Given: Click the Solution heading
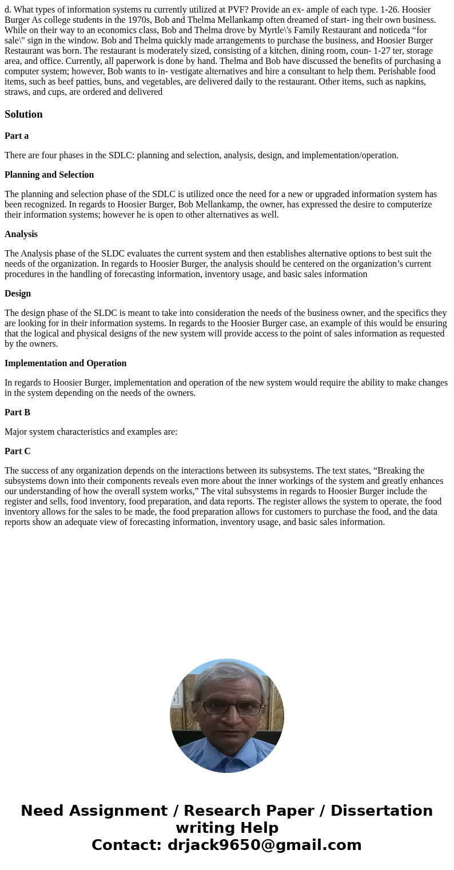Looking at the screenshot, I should point(23,114).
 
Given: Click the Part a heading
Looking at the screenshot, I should point(17,136).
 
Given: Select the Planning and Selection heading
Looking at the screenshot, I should point(49,175).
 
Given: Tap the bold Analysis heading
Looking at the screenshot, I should point(21,234).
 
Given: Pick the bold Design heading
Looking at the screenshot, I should point(18,294).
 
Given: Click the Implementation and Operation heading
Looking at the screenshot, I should point(66,363).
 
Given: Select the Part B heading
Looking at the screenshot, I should point(17,412).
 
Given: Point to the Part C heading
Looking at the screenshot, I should point(17,451).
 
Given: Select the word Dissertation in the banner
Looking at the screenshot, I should point(381,811).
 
